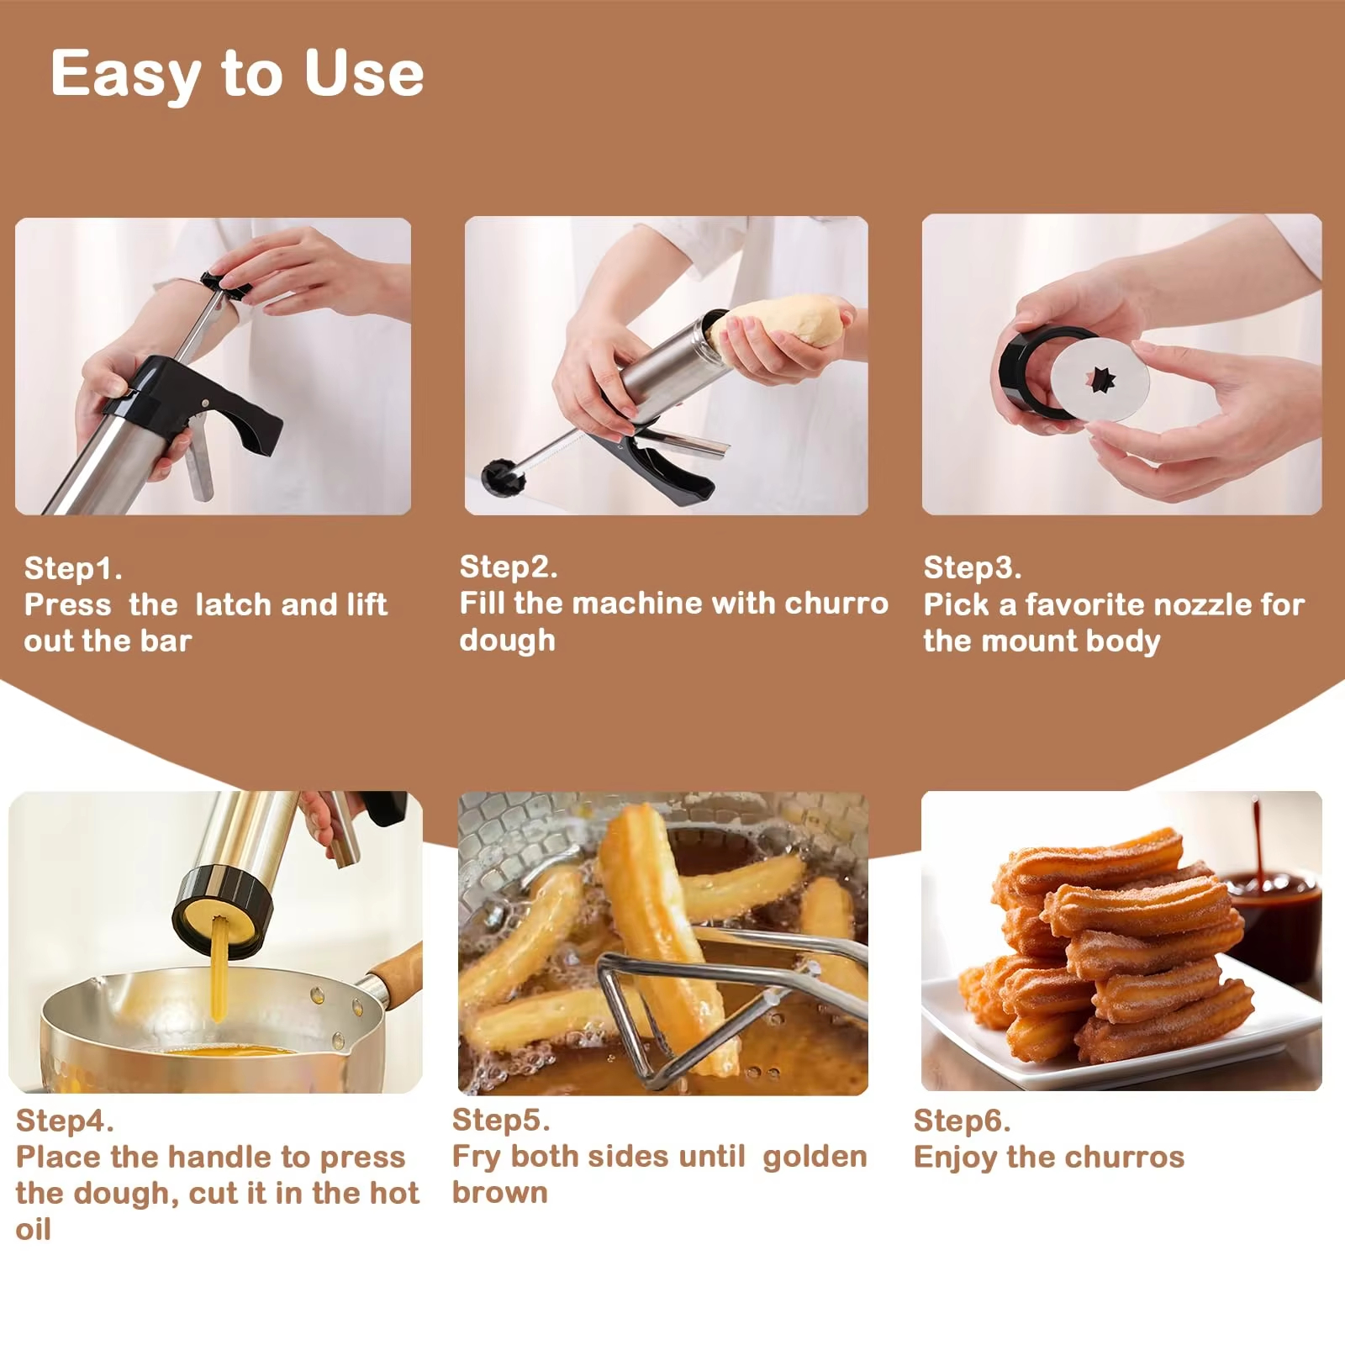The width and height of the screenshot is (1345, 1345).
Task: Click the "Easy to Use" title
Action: [x=237, y=74]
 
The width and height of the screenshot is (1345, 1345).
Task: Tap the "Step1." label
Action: [x=73, y=568]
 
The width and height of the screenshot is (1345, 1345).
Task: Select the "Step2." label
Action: [x=509, y=567]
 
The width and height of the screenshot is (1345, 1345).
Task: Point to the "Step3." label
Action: [x=973, y=567]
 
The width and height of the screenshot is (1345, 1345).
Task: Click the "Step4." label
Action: [x=65, y=1121]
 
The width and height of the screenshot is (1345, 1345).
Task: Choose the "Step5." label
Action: [x=501, y=1120]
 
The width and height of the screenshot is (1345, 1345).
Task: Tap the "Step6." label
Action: [x=963, y=1121]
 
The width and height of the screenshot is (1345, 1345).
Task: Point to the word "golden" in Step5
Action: [x=815, y=1157]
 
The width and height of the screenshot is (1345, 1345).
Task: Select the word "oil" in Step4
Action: [x=34, y=1229]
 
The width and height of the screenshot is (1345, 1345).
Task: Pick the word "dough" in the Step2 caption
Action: [x=508, y=641]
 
